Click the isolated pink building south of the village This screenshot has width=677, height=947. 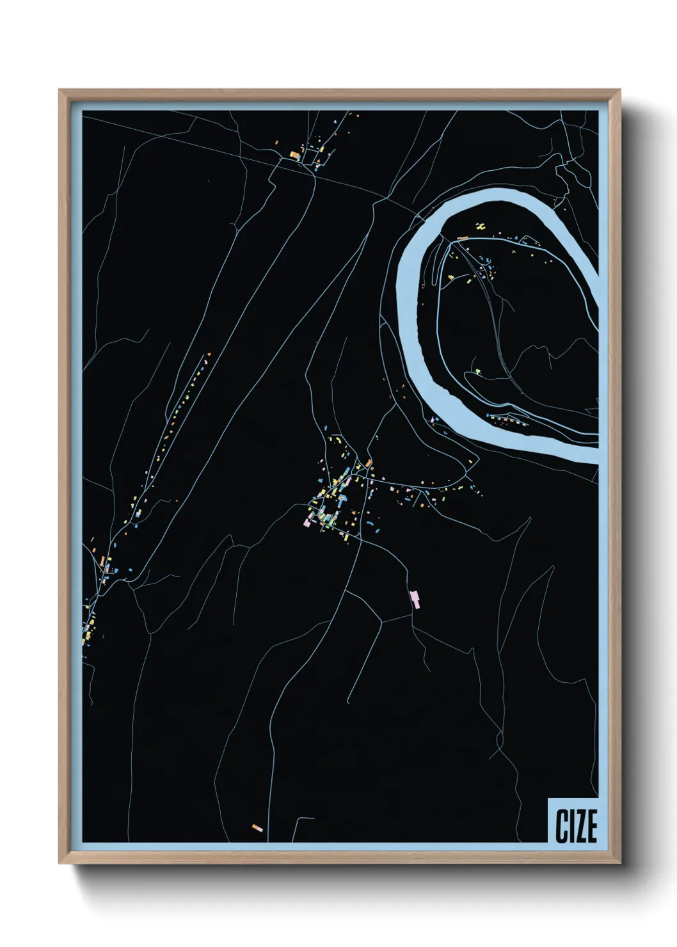[415, 599]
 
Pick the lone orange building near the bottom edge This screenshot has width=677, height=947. [257, 828]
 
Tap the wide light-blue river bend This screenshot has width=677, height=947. [410, 288]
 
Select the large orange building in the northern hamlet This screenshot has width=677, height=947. [295, 155]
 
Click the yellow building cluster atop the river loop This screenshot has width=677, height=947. [480, 225]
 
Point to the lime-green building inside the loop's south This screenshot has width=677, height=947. [476, 370]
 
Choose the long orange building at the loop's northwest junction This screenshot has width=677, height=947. [463, 237]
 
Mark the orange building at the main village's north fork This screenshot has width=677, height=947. [369, 463]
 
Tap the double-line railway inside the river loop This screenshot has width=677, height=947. [496, 333]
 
